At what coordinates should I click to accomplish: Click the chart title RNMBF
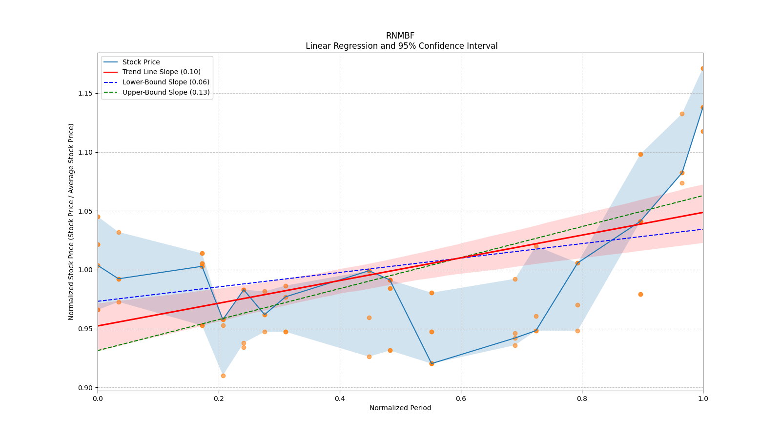[x=400, y=36]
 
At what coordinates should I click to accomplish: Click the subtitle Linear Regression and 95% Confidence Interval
[x=401, y=46]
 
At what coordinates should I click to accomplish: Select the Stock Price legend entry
[x=141, y=62]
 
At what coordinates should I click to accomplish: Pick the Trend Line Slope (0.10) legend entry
[x=161, y=72]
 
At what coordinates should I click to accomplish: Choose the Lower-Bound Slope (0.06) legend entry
[x=165, y=82]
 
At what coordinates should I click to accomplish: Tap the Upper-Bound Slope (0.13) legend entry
[x=166, y=93]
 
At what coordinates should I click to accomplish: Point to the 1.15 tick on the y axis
[x=85, y=93]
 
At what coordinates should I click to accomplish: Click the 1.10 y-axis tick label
[x=85, y=152]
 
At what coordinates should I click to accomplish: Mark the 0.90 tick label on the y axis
[x=85, y=388]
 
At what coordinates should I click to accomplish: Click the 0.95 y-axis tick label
[x=85, y=329]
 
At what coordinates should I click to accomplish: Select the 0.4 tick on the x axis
[x=340, y=399]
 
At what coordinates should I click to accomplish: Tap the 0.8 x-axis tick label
[x=582, y=399]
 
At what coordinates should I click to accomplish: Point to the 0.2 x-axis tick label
[x=219, y=399]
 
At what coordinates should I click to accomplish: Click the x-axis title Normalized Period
[x=400, y=408]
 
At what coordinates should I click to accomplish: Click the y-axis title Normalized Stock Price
[x=71, y=221]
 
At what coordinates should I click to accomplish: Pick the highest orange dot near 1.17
[x=702, y=69]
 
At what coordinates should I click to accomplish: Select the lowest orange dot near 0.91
[x=223, y=376]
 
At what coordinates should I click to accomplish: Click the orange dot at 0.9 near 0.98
[x=640, y=294]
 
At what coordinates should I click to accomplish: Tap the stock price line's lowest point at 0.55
[x=432, y=363]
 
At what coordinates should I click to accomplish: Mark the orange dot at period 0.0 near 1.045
[x=98, y=217]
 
